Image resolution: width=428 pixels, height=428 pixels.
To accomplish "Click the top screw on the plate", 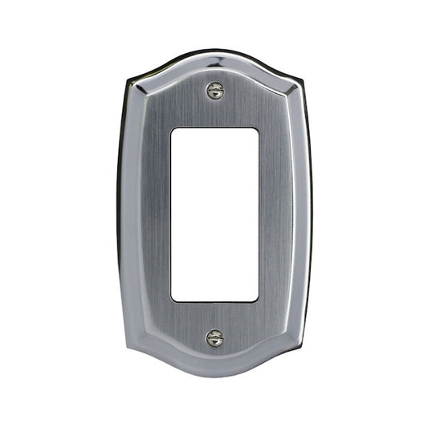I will point(214,91).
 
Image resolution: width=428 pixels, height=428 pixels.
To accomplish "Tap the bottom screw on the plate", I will point(214,338).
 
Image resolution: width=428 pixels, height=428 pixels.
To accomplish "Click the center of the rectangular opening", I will point(214,214).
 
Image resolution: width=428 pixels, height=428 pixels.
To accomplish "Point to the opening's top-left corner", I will point(173,128).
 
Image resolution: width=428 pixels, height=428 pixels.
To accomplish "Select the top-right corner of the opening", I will point(258,128).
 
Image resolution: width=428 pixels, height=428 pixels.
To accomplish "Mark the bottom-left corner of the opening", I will point(173,300).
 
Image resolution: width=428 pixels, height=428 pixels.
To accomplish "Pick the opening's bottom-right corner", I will point(258,300).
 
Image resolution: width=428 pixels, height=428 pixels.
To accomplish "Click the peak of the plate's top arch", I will point(214,52).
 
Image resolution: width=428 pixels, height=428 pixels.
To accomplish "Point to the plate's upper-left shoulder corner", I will point(128,78).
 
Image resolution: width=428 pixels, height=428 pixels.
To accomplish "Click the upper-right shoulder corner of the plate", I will point(302,78).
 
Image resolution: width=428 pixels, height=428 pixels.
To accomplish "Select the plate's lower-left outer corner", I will point(128,351).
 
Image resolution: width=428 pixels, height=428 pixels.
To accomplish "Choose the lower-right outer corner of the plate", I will point(302,351).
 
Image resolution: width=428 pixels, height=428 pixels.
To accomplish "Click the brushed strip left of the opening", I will point(155,214).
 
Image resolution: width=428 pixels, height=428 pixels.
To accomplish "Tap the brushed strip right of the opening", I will point(275,214).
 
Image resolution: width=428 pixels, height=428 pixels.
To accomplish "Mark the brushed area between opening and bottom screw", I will point(214,318).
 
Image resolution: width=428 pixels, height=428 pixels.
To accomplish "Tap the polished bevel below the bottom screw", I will point(214,364).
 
